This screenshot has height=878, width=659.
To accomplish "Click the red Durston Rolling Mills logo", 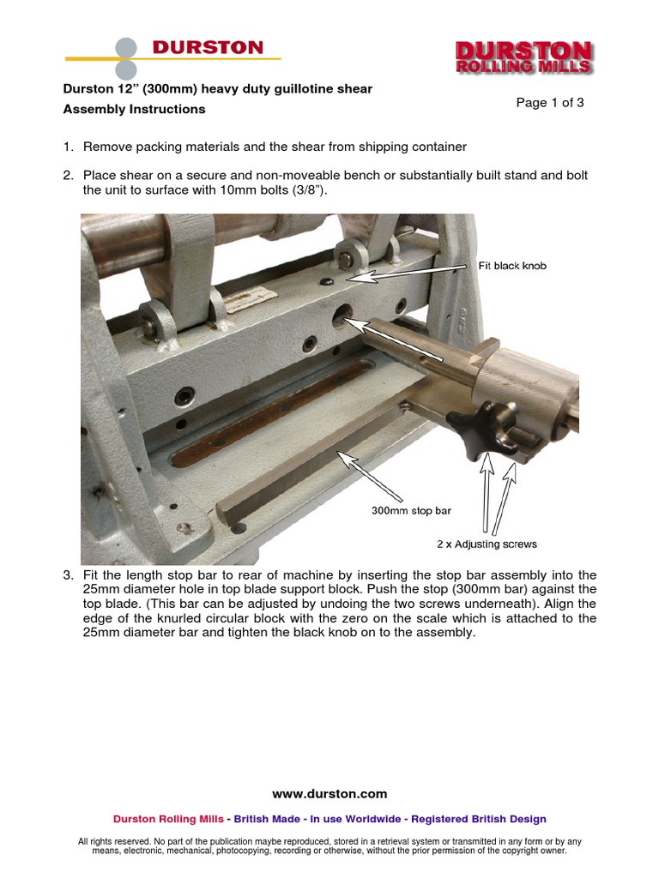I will (523, 57).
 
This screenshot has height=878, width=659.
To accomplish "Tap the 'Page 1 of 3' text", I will (550, 103).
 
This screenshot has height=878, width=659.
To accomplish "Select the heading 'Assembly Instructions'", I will (135, 110).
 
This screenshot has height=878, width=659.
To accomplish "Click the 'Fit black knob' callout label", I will (511, 266).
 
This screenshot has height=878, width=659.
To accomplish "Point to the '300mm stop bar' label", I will (410, 510).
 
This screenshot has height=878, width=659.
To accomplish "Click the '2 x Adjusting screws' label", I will (485, 544).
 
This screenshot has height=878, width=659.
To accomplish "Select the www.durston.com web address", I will (329, 794).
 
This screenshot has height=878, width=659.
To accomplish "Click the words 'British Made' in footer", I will (266, 819).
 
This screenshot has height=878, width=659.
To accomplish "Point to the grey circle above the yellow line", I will (126, 46).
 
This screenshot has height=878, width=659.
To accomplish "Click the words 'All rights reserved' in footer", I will (114, 841).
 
